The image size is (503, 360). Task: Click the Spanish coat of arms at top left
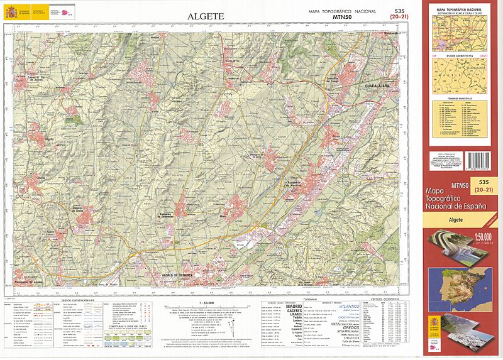coord(11,11)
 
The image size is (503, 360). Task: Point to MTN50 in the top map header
coord(343,18)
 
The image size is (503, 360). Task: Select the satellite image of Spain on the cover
coord(463,286)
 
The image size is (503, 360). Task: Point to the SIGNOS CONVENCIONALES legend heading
coord(78,301)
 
